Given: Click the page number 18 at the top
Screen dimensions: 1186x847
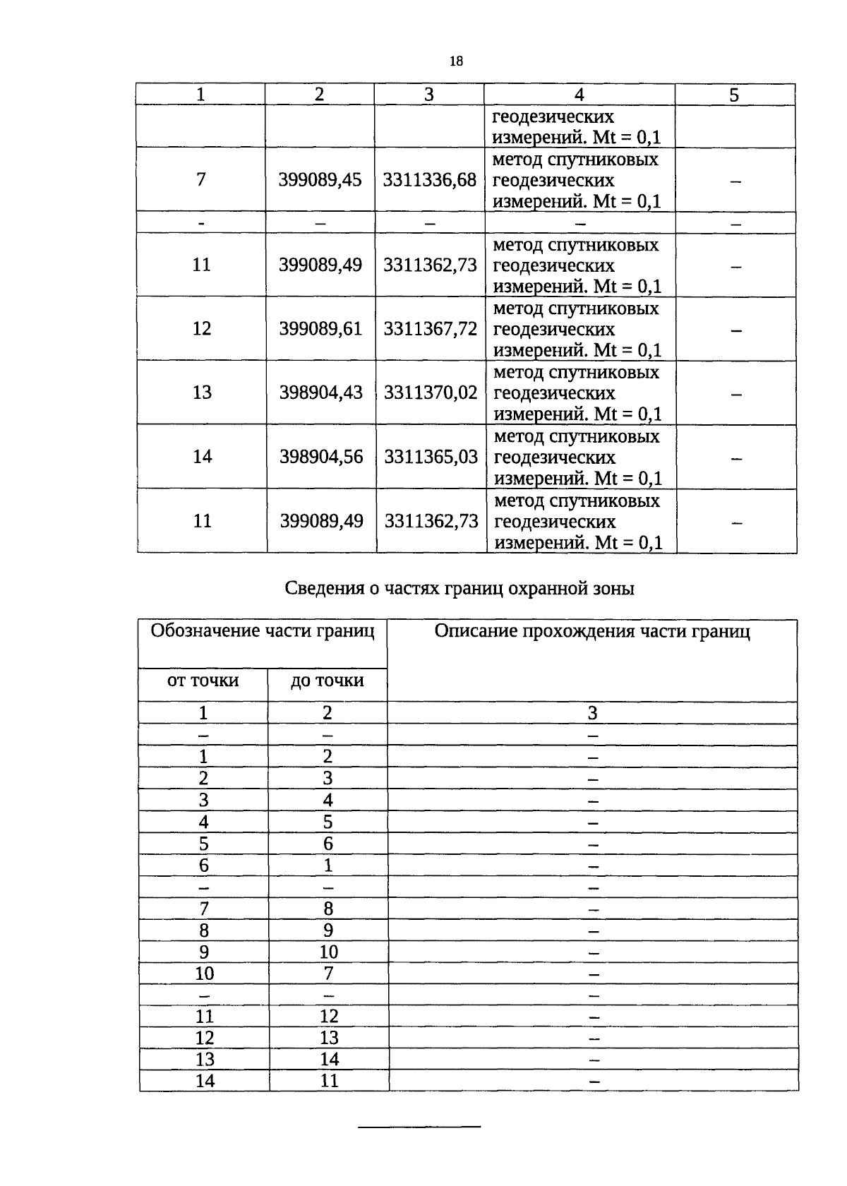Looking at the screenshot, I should pyautogui.click(x=456, y=61).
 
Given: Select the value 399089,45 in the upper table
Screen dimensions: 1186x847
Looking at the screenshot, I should pyautogui.click(x=320, y=180).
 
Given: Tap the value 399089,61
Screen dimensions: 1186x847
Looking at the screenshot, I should pyautogui.click(x=320, y=329).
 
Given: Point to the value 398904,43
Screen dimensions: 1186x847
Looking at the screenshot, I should pyautogui.click(x=320, y=393).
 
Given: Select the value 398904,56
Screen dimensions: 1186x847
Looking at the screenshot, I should pyautogui.click(x=321, y=457).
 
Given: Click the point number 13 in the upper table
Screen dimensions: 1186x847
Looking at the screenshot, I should pyautogui.click(x=202, y=393).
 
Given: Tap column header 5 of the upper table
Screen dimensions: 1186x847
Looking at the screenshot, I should pyautogui.click(x=734, y=95).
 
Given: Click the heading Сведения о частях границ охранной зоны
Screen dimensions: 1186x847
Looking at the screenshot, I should pyautogui.click(x=459, y=588).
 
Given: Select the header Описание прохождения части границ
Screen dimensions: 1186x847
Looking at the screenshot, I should pyautogui.click(x=592, y=631).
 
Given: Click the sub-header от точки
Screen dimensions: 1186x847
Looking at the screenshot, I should pyautogui.click(x=203, y=681).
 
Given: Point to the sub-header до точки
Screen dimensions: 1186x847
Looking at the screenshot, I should pyautogui.click(x=328, y=681).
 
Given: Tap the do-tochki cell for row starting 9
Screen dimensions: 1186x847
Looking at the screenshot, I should pyautogui.click(x=329, y=952).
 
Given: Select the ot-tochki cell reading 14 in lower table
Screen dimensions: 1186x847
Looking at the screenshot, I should pyautogui.click(x=205, y=1081).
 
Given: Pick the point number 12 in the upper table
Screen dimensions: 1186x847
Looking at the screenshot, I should pyautogui.click(x=202, y=329).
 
